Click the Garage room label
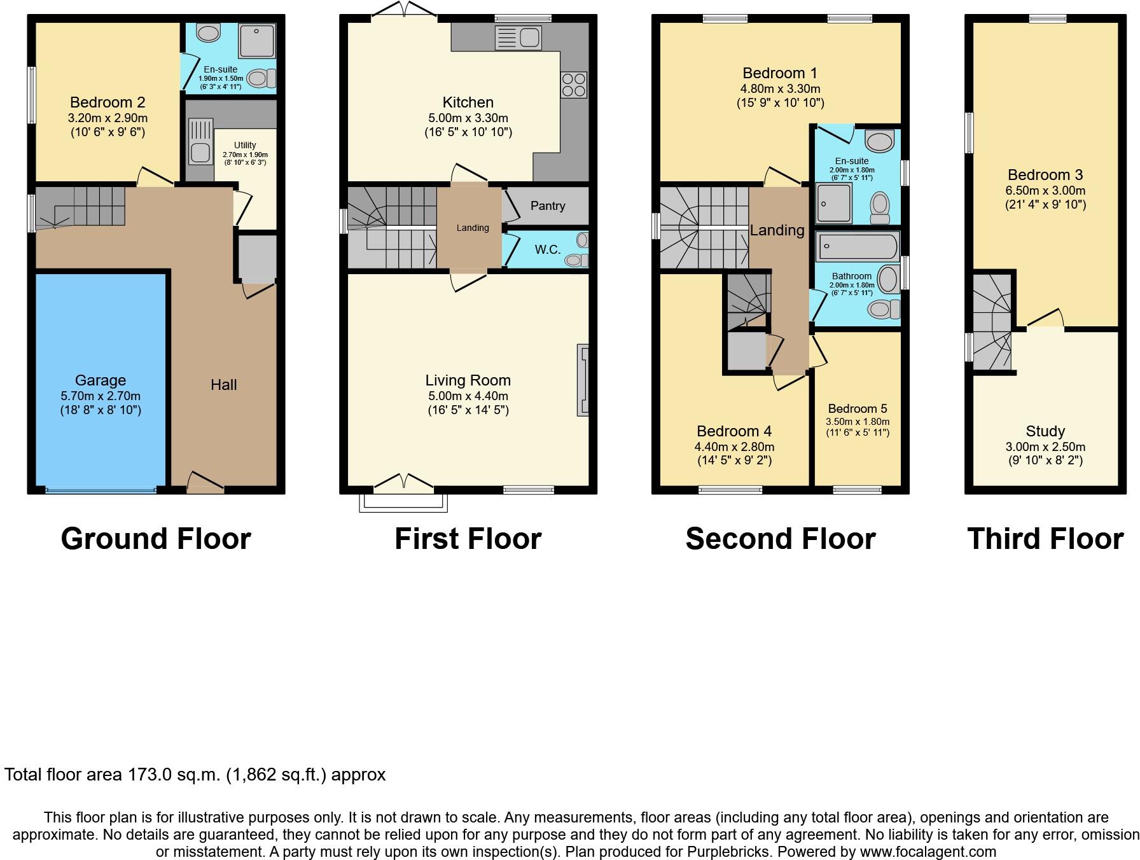(100, 380)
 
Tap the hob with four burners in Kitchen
(573, 85)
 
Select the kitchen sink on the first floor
(518, 38)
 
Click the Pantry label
(547, 206)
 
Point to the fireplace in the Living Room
(582, 380)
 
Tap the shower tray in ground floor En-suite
(257, 41)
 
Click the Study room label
(1045, 431)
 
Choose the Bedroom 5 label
(857, 409)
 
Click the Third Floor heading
(1045, 539)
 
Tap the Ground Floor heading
(156, 539)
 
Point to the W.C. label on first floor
(547, 250)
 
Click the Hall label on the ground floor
(223, 385)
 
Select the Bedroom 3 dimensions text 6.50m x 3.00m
(1045, 190)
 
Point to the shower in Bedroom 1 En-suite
(834, 203)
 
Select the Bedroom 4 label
(733, 432)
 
